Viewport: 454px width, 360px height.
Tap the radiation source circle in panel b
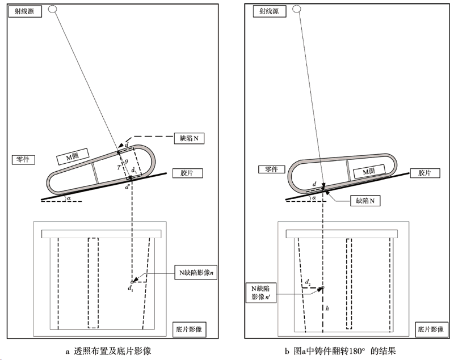pyautogui.click(x=296, y=9)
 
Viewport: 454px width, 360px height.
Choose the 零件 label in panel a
pyautogui.click(x=22, y=160)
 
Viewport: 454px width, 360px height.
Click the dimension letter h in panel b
pyautogui.click(x=326, y=308)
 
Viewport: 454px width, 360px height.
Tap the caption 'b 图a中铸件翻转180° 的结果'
pyautogui.click(x=344, y=351)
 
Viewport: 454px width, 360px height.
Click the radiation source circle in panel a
pyautogui.click(x=53, y=9)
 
